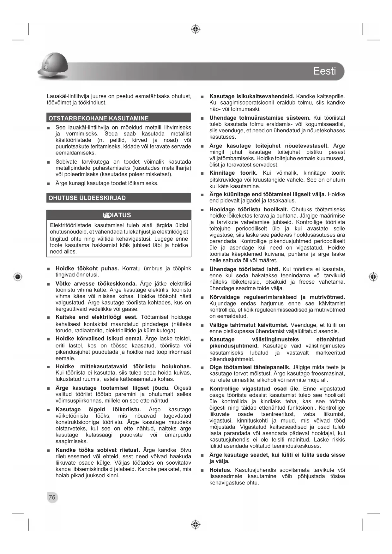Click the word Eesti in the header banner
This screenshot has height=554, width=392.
click(324, 71)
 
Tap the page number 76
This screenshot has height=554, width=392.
click(52, 497)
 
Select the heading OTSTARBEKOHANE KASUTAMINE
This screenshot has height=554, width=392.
click(98, 118)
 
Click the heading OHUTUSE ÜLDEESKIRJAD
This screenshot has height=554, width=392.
click(87, 198)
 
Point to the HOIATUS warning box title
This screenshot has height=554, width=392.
click(117, 215)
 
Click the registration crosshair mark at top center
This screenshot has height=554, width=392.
click(196, 29)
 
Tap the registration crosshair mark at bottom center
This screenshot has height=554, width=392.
click(196, 525)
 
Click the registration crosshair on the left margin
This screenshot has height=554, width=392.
click(18, 277)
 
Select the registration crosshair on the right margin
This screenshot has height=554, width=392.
click(373, 277)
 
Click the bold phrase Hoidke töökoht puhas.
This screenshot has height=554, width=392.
click(87, 268)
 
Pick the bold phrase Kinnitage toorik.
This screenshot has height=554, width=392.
click(233, 173)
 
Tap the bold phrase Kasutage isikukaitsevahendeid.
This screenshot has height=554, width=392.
click(252, 96)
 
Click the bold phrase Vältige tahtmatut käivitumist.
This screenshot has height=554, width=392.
click(249, 325)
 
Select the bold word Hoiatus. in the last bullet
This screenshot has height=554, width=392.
click(220, 470)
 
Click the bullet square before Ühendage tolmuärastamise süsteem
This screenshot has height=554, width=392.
click(202, 118)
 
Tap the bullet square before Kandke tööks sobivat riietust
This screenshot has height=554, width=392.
click(48, 451)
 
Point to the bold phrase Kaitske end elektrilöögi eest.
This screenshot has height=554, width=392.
click(96, 317)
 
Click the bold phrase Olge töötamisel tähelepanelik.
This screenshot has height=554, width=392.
click(250, 367)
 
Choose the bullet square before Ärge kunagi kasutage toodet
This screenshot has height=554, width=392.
click(48, 184)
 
